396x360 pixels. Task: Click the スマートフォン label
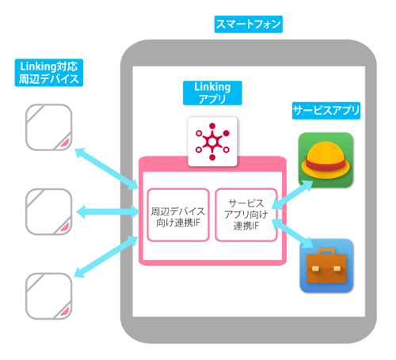(249, 25)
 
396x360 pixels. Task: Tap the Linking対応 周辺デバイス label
(49, 73)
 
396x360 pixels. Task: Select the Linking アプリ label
(212, 93)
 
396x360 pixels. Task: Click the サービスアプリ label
(326, 111)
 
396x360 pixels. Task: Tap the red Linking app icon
(212, 142)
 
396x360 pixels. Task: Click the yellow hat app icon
(326, 160)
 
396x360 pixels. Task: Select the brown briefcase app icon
(326, 266)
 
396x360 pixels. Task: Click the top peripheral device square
(49, 127)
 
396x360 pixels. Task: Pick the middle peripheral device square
(49, 212)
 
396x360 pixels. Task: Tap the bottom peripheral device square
(49, 296)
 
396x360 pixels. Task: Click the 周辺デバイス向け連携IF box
(178, 214)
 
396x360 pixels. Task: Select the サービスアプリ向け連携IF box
(246, 214)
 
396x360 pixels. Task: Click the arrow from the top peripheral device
(106, 169)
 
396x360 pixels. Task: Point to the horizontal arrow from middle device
(108, 211)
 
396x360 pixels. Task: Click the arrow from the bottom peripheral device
(106, 256)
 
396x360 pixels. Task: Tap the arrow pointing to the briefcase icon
(292, 233)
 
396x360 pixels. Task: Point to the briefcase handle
(326, 252)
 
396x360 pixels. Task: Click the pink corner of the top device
(66, 143)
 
